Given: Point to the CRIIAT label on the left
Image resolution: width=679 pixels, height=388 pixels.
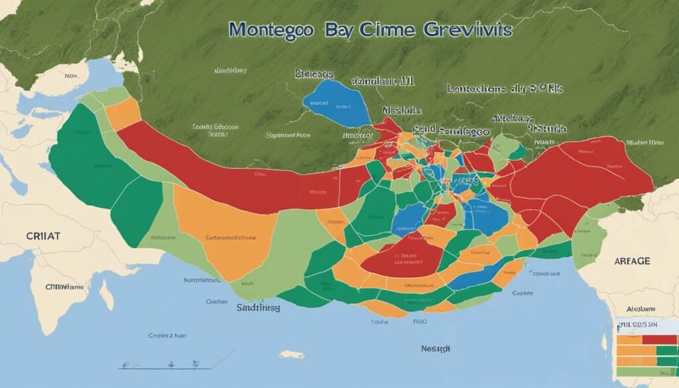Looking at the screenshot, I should tap(42, 235).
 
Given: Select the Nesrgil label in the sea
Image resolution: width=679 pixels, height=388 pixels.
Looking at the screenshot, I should tap(436, 348).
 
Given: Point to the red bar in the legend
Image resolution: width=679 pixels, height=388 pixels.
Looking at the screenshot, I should tap(659, 340).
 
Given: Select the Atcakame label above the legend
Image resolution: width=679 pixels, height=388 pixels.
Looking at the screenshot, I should tap(641, 309).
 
